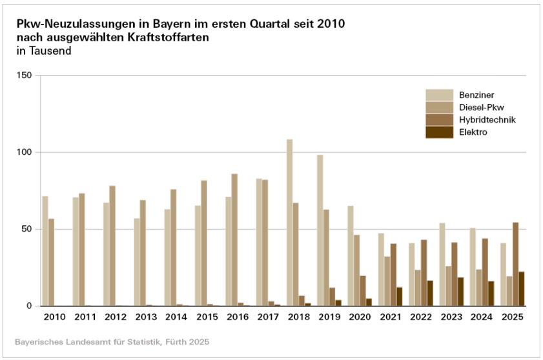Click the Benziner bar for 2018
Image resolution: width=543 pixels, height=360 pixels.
[x=289, y=223]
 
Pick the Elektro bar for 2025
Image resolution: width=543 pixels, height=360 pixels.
[x=522, y=289]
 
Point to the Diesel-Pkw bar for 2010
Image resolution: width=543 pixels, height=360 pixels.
[x=52, y=262]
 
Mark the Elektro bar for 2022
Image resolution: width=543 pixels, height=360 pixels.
[x=430, y=293]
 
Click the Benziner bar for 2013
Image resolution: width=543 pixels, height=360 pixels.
[x=137, y=262]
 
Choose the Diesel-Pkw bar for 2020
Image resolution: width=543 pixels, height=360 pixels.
[x=356, y=270]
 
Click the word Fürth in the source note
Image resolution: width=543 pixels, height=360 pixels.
[x=171, y=340]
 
